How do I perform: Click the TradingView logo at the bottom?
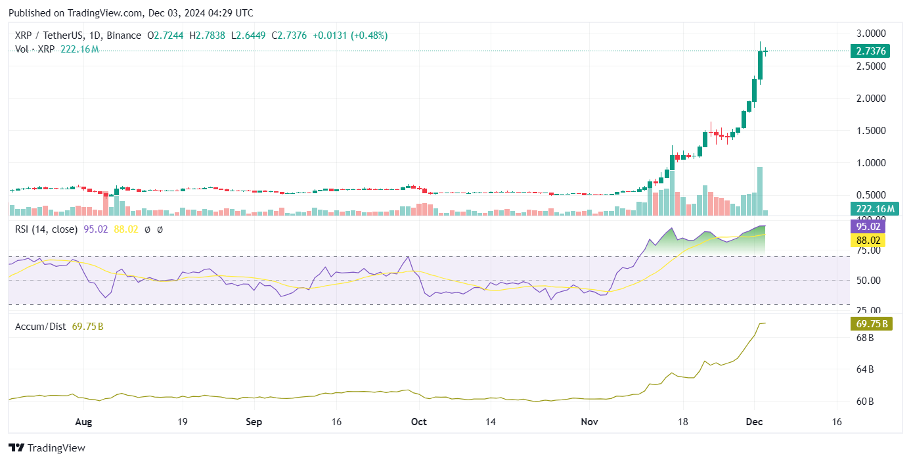pyautogui.click(x=47, y=448)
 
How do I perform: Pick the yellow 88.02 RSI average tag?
pyautogui.click(x=867, y=240)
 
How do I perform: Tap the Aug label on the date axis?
pyautogui.click(x=83, y=422)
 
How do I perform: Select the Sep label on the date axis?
pyautogui.click(x=254, y=422)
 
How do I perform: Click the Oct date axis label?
pyautogui.click(x=418, y=422)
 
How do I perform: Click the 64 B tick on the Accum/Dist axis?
pyautogui.click(x=864, y=369)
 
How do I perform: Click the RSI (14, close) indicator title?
pyautogui.click(x=46, y=229)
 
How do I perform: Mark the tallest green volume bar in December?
pyautogui.click(x=760, y=191)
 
